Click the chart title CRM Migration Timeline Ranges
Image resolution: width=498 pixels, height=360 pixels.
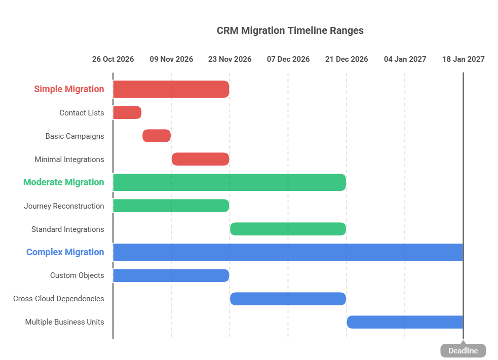point(290,30)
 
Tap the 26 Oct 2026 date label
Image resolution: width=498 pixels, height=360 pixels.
point(113,59)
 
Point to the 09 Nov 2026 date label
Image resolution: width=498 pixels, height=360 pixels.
point(171,59)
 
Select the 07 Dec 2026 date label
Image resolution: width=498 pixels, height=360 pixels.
point(288,59)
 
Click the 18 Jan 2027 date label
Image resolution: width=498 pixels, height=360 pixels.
point(463,59)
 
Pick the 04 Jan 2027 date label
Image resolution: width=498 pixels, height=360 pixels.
point(405,59)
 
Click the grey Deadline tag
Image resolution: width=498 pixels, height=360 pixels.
point(463,351)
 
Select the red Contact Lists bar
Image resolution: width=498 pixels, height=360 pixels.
point(127,112)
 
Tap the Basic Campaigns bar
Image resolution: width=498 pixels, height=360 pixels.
point(157,136)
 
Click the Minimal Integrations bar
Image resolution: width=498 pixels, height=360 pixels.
point(201,159)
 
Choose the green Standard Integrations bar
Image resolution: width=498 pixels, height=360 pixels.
point(288,229)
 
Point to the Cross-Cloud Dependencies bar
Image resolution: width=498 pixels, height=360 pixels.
point(288,299)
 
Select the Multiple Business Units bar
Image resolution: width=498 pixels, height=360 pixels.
point(405,322)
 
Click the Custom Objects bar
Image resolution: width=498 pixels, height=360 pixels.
point(171,275)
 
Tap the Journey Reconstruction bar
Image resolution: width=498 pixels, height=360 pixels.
point(171,206)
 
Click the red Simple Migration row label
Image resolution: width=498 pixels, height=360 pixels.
point(69,89)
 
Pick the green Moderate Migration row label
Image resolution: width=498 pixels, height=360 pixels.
point(63,182)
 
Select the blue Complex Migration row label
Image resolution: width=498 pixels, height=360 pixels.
point(65,252)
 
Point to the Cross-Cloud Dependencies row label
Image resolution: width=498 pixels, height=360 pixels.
point(59,299)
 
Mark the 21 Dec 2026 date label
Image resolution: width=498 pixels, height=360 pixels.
point(347,59)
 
